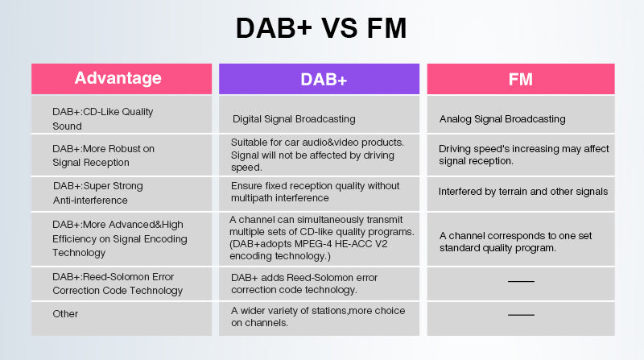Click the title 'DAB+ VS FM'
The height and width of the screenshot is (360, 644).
click(321, 28)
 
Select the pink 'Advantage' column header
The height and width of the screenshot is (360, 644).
click(122, 79)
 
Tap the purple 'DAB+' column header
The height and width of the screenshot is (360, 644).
click(319, 79)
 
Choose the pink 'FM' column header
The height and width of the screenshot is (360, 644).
click(521, 79)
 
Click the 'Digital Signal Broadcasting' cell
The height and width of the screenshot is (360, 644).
click(294, 119)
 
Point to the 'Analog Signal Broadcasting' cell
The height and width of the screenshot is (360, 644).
click(502, 119)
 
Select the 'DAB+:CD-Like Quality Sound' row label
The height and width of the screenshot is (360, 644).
click(103, 118)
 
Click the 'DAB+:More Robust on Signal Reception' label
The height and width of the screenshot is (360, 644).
click(104, 155)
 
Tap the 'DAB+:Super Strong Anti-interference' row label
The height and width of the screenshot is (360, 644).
click(98, 192)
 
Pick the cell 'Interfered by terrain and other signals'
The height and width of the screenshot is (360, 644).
click(523, 192)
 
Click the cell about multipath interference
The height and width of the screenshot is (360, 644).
click(315, 192)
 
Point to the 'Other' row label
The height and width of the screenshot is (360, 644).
click(65, 314)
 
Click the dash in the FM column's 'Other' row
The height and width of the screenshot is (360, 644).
click(521, 315)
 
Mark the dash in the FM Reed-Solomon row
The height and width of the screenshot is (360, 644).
click(521, 282)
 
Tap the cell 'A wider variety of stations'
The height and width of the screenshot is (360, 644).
click(318, 317)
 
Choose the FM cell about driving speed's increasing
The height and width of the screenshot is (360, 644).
click(524, 155)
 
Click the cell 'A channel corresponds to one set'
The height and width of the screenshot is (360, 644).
click(515, 242)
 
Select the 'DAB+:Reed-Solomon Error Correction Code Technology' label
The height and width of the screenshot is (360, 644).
click(118, 283)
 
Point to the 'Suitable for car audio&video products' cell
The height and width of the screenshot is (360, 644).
click(317, 155)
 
